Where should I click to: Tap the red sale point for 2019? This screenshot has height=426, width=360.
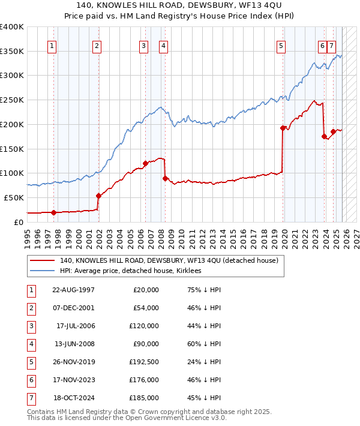[283, 128]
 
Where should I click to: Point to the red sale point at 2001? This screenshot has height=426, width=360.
[98, 196]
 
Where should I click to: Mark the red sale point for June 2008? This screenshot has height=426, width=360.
[165, 178]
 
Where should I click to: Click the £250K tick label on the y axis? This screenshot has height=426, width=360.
[12, 100]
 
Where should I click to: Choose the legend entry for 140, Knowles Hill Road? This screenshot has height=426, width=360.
[169, 261]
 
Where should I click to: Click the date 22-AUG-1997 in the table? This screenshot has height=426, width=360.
[74, 290]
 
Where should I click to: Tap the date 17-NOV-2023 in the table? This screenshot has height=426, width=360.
[74, 380]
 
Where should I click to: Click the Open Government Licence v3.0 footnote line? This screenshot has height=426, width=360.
[127, 418]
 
